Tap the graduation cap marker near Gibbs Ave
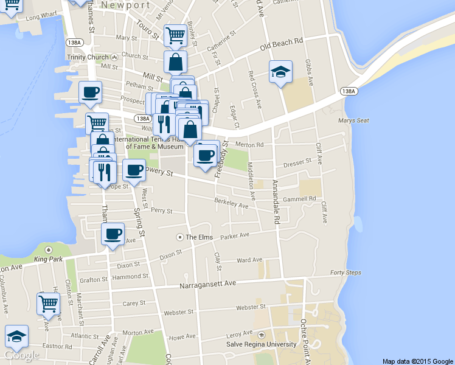coord(280,72)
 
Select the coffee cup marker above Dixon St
coord(113,234)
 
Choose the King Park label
coord(49,259)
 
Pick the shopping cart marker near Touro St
coord(175,35)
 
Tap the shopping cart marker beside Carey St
coord(49,304)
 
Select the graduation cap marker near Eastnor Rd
coord(17,336)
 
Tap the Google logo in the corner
coord(21,355)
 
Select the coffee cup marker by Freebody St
coord(206,155)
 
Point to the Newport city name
coord(126,4)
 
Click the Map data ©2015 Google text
coord(417,361)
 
